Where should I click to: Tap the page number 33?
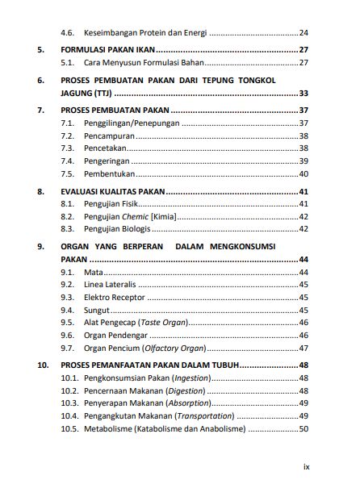coord(304,93)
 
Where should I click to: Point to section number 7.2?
coord(68,136)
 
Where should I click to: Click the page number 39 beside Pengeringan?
coord(304,161)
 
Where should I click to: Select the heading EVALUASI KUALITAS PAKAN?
coord(113,192)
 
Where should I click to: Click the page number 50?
coord(304,428)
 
